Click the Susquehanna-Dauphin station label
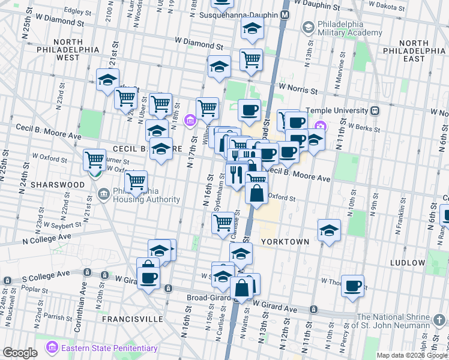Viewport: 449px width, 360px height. click(238, 14)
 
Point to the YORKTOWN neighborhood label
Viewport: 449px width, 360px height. click(285, 242)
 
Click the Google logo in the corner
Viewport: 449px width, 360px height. click(20, 353)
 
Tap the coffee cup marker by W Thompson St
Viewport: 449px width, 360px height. click(353, 286)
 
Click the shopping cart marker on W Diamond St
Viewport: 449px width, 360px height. click(251, 59)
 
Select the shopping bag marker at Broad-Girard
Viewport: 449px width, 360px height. click(241, 289)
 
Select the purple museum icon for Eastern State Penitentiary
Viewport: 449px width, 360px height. click(52, 348)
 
